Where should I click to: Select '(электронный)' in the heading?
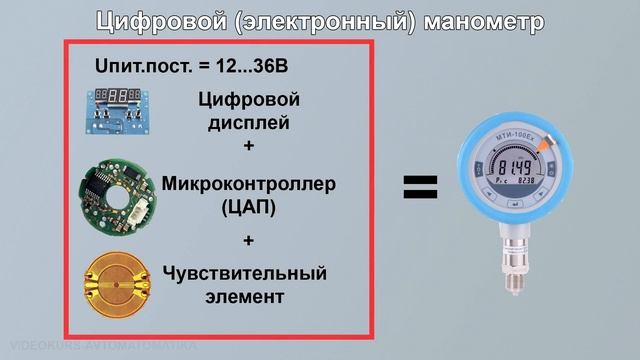click(x=320, y=21)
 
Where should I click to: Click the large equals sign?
click(x=421, y=184)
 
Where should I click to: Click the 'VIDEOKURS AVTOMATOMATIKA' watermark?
click(x=100, y=343)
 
